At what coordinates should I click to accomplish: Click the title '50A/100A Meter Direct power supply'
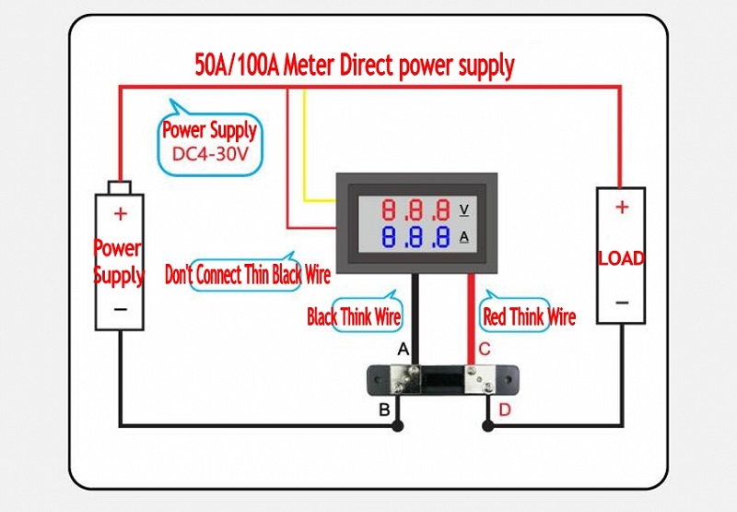[x=355, y=66]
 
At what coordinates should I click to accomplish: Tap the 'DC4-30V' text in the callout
[x=209, y=154]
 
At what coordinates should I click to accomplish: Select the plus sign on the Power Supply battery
[x=120, y=214]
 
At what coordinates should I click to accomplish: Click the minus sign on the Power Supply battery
[x=121, y=309]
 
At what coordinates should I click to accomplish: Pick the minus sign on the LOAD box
[x=622, y=303]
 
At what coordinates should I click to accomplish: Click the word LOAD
[x=621, y=257]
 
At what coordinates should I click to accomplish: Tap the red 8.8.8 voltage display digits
[x=416, y=208]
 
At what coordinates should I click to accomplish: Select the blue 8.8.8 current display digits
[x=416, y=237]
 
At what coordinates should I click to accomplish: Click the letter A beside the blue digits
[x=463, y=237]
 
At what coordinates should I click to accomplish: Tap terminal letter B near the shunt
[x=384, y=410]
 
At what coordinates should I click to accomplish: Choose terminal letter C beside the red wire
[x=485, y=350]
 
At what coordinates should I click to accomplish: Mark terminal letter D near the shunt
[x=504, y=410]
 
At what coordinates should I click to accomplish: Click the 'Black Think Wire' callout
[x=355, y=317]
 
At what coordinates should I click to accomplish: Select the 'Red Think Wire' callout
[x=529, y=317]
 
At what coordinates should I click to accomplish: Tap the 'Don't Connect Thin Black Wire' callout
[x=247, y=274]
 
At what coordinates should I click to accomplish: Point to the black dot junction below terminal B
[x=397, y=425]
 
